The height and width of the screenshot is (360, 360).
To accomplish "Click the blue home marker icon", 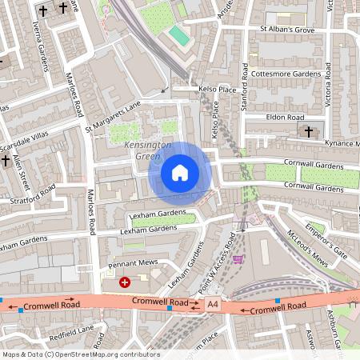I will click(x=180, y=172).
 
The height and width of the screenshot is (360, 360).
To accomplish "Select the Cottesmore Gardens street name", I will click(x=286, y=73).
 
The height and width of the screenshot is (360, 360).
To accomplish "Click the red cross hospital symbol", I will click(x=124, y=282).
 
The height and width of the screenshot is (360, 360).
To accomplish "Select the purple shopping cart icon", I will click(x=238, y=259).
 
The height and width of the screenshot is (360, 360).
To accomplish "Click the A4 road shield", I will click(x=212, y=304).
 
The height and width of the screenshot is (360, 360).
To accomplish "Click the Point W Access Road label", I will click(x=221, y=258).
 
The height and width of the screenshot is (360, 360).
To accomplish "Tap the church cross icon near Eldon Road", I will click(x=308, y=130).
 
